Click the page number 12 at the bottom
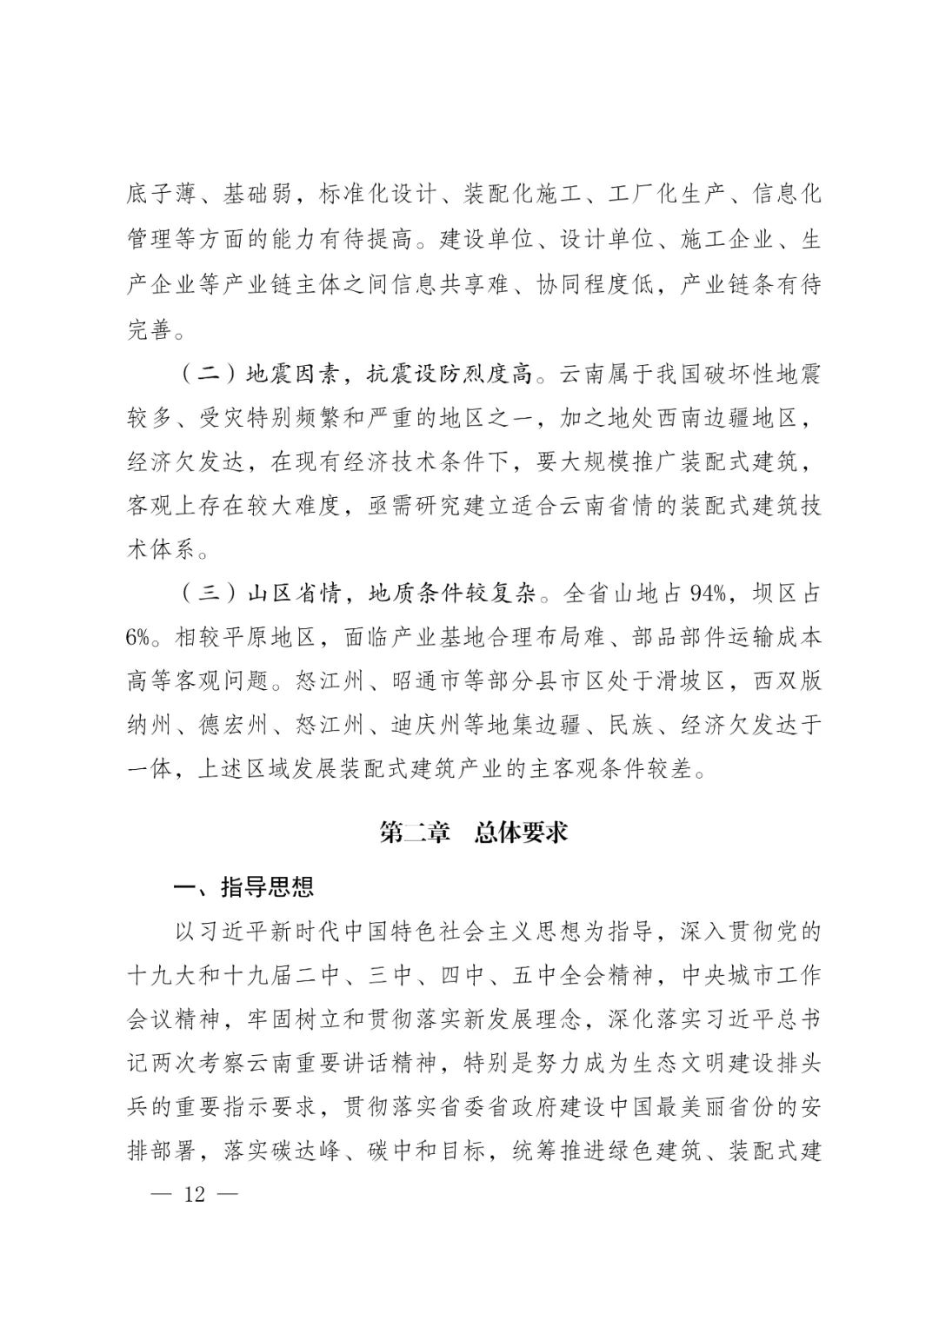[194, 1194]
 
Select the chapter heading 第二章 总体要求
[474, 832]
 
